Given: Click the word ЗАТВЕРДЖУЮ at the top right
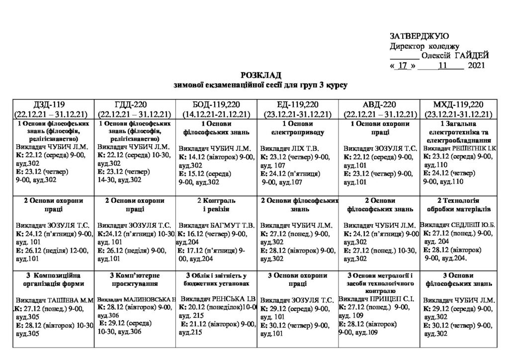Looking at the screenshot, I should pyautogui.click(x=420, y=36).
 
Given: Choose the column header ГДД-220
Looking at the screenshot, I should pyautogui.click(x=135, y=104).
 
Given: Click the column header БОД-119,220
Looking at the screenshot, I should pyautogui.click(x=216, y=104).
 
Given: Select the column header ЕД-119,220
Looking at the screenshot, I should pyautogui.click(x=298, y=104).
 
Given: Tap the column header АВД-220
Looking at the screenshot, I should pyautogui.click(x=379, y=104).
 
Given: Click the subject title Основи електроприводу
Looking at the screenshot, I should pyautogui.click(x=297, y=128).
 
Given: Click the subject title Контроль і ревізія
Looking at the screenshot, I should pyautogui.click(x=216, y=205).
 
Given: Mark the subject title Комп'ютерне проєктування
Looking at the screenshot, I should pyautogui.click(x=135, y=280).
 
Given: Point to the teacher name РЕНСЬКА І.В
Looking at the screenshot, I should pyautogui.click(x=234, y=300).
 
